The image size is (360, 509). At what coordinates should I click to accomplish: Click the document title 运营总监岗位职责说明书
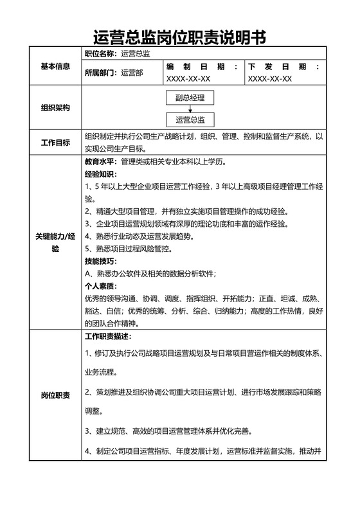point(179,37)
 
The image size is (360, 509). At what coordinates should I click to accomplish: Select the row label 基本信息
point(55,66)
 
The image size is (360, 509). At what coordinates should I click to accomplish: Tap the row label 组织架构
point(55,107)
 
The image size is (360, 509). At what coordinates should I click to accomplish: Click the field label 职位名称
point(100,54)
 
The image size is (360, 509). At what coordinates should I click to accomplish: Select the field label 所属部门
point(100,73)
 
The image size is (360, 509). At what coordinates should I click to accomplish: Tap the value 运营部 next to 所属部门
point(132,73)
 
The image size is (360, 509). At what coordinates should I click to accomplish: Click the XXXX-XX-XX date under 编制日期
point(188,79)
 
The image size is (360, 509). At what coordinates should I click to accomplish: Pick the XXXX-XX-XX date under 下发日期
point(270,79)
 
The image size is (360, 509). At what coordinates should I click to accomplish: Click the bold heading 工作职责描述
point(107,337)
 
